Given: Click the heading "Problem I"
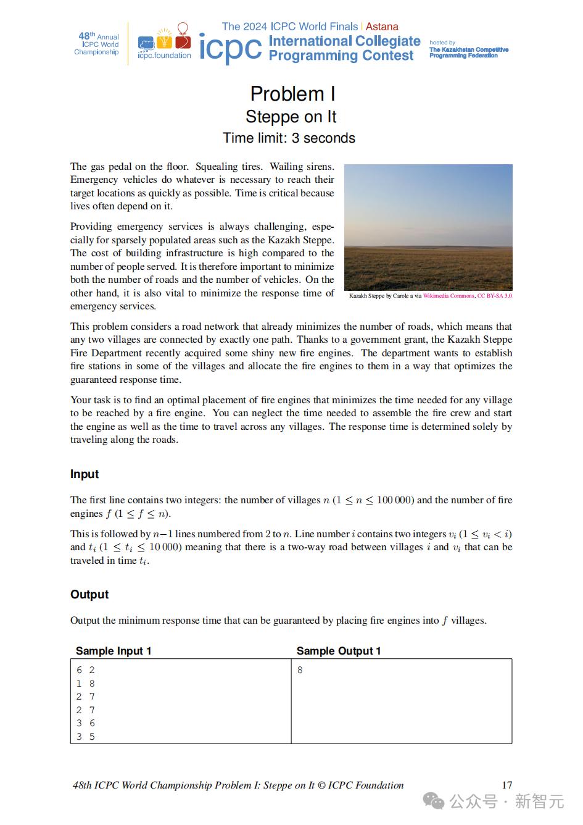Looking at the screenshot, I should click(x=292, y=94).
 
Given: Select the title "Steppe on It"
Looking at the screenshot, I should click(x=291, y=117).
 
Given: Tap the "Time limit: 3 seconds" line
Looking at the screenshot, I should click(x=289, y=138).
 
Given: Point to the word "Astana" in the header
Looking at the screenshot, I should click(x=382, y=27).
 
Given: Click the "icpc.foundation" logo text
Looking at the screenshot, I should click(x=164, y=56).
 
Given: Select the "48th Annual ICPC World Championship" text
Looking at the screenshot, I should click(x=97, y=44).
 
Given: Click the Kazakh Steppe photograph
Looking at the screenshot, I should click(x=428, y=227).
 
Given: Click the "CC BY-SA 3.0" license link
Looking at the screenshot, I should click(x=495, y=296).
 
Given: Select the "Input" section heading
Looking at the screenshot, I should click(x=85, y=474).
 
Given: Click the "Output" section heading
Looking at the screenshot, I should click(x=89, y=595).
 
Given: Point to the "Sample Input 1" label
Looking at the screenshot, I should click(x=114, y=651).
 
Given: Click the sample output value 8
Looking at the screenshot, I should click(x=300, y=670).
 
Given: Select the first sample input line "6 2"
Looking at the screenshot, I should click(x=86, y=670).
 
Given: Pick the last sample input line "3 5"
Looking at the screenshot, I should click(x=86, y=737).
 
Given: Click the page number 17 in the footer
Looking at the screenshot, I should click(x=507, y=785).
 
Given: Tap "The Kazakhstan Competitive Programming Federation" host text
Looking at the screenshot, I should click(x=469, y=52).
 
